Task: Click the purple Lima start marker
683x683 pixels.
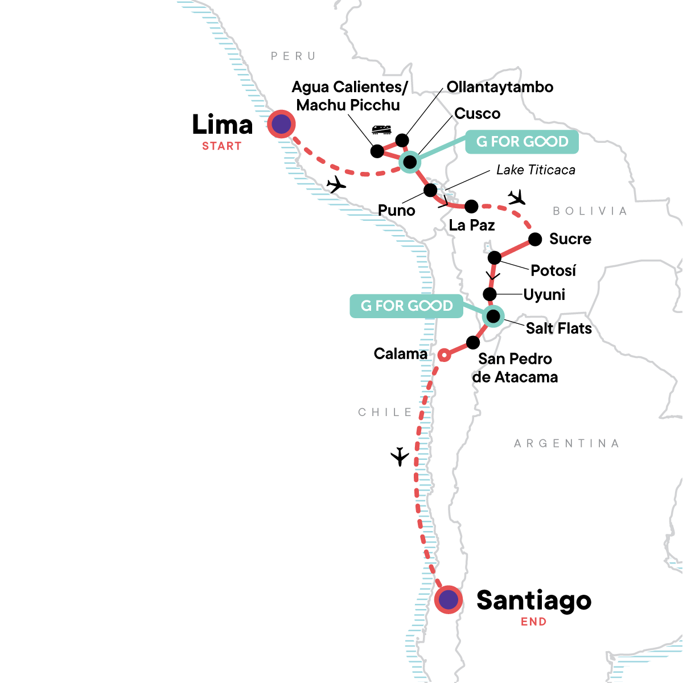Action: (281, 124)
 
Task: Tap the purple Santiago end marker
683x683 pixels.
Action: (449, 599)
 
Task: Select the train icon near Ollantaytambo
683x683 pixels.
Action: (381, 130)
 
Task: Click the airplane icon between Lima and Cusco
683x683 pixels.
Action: (336, 184)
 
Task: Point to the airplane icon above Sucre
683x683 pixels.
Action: (517, 198)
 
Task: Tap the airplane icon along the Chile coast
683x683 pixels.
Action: (400, 456)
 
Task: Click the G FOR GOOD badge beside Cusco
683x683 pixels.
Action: (522, 142)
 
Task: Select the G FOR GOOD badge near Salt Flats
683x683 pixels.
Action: (406, 306)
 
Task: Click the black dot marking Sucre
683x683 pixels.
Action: (535, 239)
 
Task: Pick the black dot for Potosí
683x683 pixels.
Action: (495, 257)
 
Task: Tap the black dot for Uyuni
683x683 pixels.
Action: (489, 294)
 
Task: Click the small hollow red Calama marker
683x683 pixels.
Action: (445, 355)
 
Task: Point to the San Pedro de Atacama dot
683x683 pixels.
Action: (473, 343)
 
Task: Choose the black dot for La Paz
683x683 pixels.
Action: (471, 206)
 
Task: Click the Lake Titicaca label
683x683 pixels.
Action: (536, 170)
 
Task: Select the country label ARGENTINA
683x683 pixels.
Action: (566, 443)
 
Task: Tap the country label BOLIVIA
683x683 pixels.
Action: (590, 211)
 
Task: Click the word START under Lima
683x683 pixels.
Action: (222, 146)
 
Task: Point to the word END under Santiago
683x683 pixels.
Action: (533, 622)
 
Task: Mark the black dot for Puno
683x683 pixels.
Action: (430, 190)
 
